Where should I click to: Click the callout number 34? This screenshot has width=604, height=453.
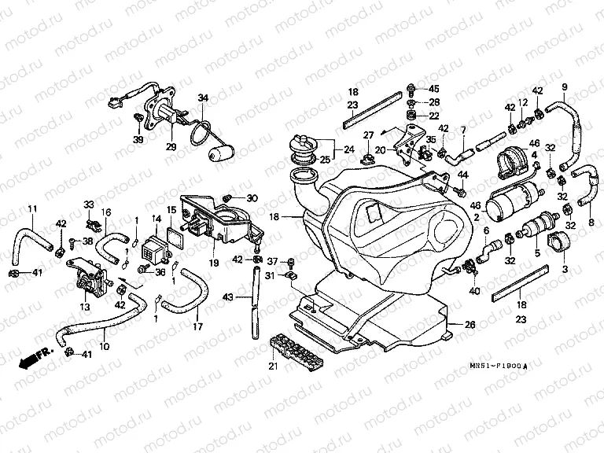pyautogui.click(x=203, y=98)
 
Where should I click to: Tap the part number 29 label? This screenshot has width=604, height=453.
pyautogui.click(x=171, y=147)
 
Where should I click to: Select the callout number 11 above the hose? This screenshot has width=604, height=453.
pyautogui.click(x=32, y=208)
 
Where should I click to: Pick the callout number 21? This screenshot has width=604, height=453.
pyautogui.click(x=274, y=366)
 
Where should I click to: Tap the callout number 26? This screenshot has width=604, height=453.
pyautogui.click(x=470, y=324)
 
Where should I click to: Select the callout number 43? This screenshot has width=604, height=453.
pyautogui.click(x=228, y=297)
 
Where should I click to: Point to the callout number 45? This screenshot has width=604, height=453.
pyautogui.click(x=434, y=88)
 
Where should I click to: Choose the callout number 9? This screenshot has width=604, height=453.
pyautogui.click(x=564, y=86)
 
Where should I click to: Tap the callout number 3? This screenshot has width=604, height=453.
pyautogui.click(x=563, y=269)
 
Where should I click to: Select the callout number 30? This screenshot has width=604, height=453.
pyautogui.click(x=252, y=197)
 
